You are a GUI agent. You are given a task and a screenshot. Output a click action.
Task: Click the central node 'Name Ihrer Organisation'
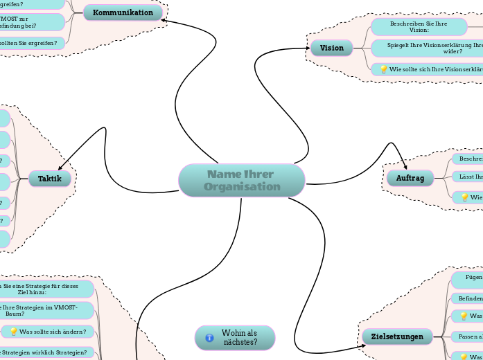[x=241, y=180]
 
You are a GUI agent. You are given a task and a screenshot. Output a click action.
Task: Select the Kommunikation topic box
[x=123, y=13]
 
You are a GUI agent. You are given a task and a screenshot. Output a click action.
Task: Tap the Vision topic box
[x=332, y=48]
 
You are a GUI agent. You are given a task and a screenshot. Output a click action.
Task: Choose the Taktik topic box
[x=50, y=179]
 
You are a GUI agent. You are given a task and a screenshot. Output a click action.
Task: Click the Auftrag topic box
[x=410, y=179]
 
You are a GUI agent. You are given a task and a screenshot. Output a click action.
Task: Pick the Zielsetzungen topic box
[x=397, y=337]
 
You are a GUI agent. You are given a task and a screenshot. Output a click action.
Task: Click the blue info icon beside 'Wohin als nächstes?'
[x=209, y=338]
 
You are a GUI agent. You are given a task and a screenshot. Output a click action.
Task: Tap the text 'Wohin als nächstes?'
[x=240, y=338]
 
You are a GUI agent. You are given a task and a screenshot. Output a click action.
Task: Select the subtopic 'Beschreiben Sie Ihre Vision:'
[x=419, y=27]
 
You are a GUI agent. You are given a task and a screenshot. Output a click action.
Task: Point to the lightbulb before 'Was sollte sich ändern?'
[x=13, y=332]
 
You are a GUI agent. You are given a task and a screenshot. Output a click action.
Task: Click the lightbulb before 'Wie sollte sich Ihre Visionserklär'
[x=383, y=69]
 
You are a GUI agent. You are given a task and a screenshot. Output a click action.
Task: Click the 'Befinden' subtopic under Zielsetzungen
[x=466, y=298]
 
